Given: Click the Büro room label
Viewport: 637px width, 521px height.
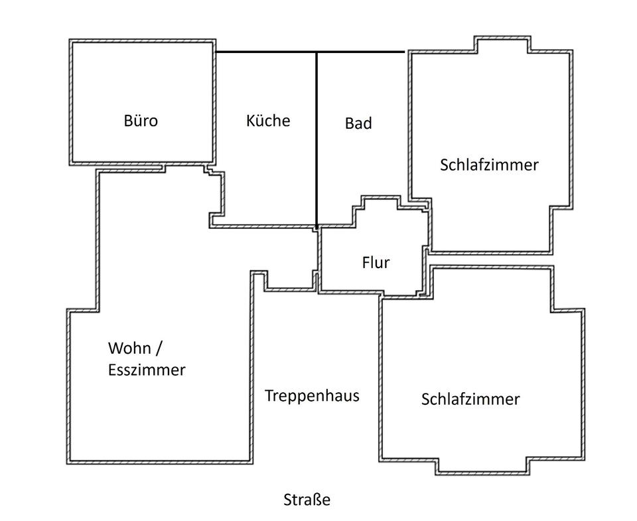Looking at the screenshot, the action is (x=141, y=121).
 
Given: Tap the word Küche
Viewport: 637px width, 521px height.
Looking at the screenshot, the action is (x=268, y=121).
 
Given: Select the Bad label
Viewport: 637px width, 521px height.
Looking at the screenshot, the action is (x=358, y=123).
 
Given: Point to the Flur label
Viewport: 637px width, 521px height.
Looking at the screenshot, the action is (x=376, y=262).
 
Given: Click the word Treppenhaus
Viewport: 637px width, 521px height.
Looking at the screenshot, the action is (x=312, y=396).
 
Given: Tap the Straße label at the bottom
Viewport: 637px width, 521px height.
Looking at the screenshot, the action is (x=307, y=500).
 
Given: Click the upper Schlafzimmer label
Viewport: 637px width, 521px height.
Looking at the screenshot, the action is (x=489, y=165).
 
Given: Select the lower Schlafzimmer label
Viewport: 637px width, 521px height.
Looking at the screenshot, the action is (x=470, y=400).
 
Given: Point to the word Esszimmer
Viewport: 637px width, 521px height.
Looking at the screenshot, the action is (x=147, y=370).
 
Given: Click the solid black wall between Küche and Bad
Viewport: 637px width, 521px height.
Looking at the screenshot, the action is (x=317, y=139).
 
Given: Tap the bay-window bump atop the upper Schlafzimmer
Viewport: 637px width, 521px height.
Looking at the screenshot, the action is (x=502, y=44).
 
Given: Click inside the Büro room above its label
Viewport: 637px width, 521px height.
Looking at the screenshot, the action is (x=142, y=80).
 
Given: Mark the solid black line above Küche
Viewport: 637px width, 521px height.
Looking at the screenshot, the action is (x=265, y=52).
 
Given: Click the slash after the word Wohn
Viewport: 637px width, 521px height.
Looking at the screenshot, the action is (x=159, y=348).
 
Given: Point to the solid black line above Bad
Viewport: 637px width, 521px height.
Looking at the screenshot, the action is (x=361, y=52).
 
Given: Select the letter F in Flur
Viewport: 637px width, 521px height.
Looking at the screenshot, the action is (x=366, y=262).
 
